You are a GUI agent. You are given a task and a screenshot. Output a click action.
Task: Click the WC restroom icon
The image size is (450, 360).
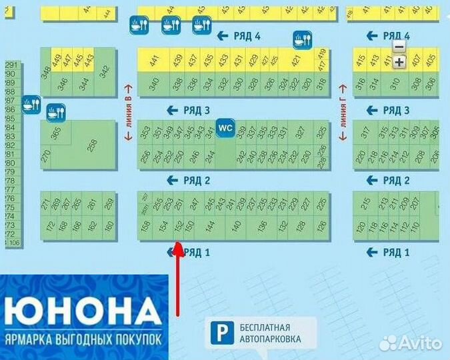(x=225, y=127)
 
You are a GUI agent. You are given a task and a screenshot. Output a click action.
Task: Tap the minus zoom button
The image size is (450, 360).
(x=399, y=47)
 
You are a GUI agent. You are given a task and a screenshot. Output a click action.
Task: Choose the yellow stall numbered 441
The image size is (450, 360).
(x=154, y=61)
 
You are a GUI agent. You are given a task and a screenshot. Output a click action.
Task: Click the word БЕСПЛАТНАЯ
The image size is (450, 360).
(x=266, y=327)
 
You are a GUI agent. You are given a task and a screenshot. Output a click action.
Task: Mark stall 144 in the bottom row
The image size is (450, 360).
(x=210, y=227)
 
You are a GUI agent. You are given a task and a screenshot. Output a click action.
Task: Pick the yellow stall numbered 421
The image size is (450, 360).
(x=295, y=61)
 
